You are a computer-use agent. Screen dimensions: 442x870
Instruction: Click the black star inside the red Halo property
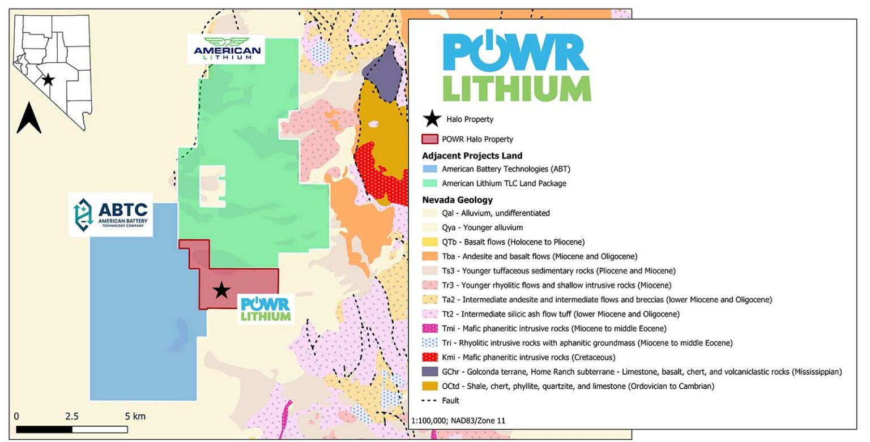tap(221, 290)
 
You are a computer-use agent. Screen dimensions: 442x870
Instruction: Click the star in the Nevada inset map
tap(48, 80)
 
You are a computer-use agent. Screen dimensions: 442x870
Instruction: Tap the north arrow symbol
tap(29, 117)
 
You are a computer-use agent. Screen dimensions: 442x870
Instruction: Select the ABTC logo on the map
tap(110, 214)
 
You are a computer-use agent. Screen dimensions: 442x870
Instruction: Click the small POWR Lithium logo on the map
tap(265, 309)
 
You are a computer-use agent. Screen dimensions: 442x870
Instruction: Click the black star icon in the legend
tap(432, 119)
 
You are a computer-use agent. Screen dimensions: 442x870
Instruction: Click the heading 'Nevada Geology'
tap(457, 200)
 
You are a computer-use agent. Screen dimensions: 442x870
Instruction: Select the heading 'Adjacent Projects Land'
tap(472, 156)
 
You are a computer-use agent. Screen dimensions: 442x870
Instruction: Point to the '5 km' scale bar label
tap(135, 417)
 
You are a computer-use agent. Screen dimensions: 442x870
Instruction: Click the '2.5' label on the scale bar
tap(71, 417)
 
